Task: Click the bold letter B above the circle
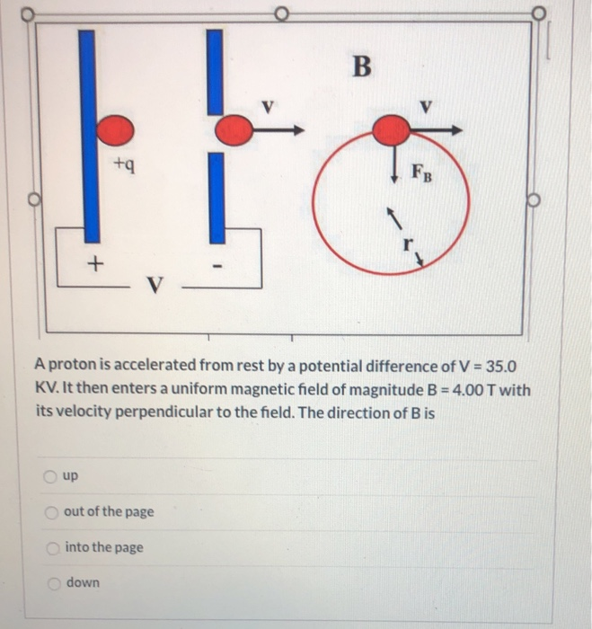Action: [x=361, y=67]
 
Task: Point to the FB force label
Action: [x=422, y=171]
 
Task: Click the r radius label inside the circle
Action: [x=409, y=244]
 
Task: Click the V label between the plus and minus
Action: [x=155, y=286]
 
